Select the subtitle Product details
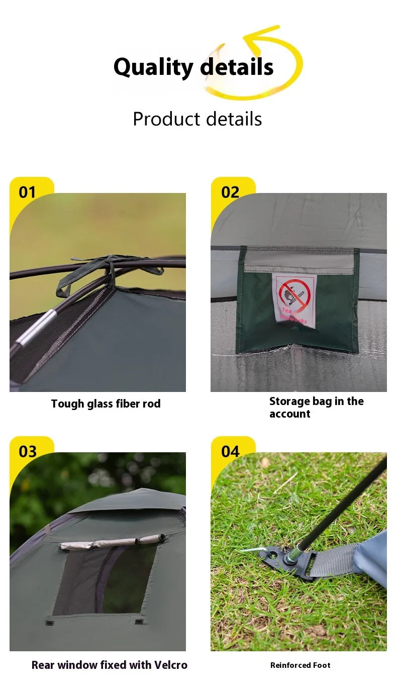point(197,119)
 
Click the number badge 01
point(28,192)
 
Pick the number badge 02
point(230,192)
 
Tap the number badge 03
point(28,451)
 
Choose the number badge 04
point(230,451)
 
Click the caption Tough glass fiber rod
point(106,404)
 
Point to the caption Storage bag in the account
point(316,408)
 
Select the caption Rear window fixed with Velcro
point(109,665)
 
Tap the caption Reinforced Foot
point(300,665)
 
